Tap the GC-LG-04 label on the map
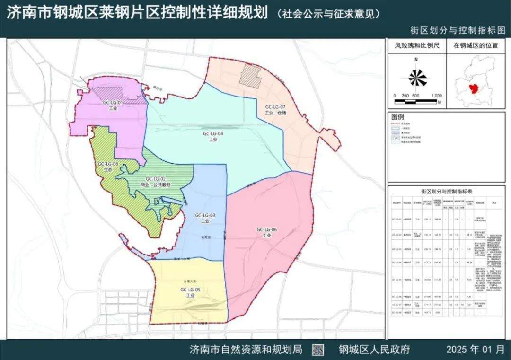(x=212, y=134)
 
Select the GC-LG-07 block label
(x=275, y=108)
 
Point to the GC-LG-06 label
(x=267, y=230)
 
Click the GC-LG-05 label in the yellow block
(x=191, y=289)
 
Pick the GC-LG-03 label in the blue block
(x=205, y=216)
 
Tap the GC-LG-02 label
(x=155, y=179)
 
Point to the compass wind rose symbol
(x=416, y=77)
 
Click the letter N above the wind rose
(x=416, y=60)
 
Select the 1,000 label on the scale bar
(x=436, y=95)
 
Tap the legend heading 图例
(x=398, y=116)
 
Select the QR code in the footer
(x=319, y=350)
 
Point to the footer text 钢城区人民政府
(x=374, y=350)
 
